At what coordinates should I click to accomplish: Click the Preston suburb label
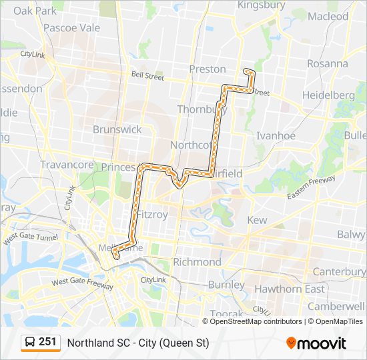(x=208, y=69)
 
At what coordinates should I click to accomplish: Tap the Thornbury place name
(x=198, y=109)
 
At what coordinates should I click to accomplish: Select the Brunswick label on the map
(x=117, y=129)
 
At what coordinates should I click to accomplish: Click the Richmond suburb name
(x=197, y=262)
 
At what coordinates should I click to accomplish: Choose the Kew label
(x=257, y=220)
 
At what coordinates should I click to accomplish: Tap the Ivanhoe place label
(x=276, y=135)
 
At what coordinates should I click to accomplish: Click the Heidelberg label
(x=328, y=95)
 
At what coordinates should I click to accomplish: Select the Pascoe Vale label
(x=71, y=28)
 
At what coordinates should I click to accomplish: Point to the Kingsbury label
(x=262, y=5)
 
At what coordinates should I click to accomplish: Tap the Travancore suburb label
(x=66, y=164)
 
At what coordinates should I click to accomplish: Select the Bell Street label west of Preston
(x=147, y=77)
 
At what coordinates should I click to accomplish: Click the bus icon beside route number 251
(x=30, y=343)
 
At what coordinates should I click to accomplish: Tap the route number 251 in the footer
(x=47, y=342)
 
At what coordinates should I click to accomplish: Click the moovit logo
(x=316, y=343)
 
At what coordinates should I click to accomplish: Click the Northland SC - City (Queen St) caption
(x=138, y=343)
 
